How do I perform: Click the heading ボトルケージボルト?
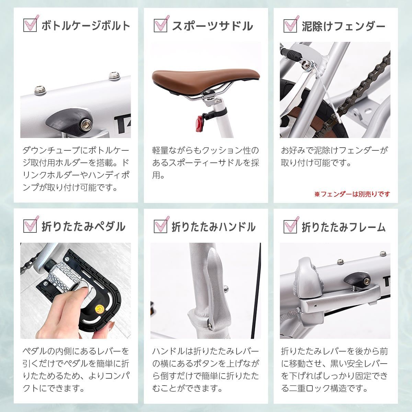pos(86,26)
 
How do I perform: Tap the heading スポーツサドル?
pos(212,26)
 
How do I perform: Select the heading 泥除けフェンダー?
pos(343,26)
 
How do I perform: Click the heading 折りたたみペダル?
pos(83,227)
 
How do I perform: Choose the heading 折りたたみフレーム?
pos(344,227)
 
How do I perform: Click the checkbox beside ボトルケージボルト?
pos(30,25)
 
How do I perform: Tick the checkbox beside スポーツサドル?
pos(160,25)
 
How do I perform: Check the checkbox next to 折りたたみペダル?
pos(30,226)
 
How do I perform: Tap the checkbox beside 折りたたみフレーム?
pos(290,226)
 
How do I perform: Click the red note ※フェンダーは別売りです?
pos(352,194)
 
